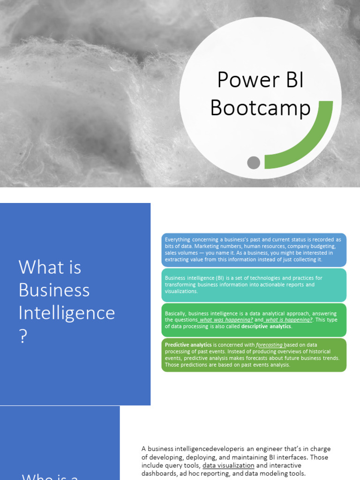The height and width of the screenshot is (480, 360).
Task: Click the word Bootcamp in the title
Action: click(x=260, y=108)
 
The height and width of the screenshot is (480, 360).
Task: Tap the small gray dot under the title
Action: click(x=254, y=163)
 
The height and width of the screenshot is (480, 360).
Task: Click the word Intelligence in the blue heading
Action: click(x=67, y=313)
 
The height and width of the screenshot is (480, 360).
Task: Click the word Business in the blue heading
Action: click(x=54, y=290)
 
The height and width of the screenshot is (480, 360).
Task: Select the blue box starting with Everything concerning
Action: click(x=254, y=249)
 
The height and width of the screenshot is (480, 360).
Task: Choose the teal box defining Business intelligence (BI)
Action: click(x=254, y=285)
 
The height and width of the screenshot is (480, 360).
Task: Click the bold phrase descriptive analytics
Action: click(x=266, y=326)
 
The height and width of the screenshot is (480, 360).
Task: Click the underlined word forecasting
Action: click(x=269, y=345)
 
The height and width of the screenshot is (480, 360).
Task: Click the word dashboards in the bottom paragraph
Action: click(x=158, y=473)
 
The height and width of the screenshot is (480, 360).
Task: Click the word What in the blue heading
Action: click(x=36, y=268)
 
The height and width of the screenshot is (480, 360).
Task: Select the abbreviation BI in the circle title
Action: click(x=292, y=81)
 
